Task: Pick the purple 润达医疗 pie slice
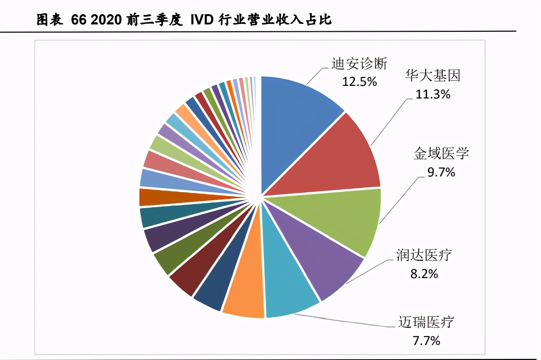323,260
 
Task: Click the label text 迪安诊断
359,63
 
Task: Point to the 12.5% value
359,82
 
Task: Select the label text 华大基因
433,75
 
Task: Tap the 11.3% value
433,94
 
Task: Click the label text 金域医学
441,153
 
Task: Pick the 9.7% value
441,172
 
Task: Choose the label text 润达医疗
424,255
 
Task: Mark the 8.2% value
424,274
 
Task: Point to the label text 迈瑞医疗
426,322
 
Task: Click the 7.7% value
426,341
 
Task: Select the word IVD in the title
202,20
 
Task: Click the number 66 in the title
78,20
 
